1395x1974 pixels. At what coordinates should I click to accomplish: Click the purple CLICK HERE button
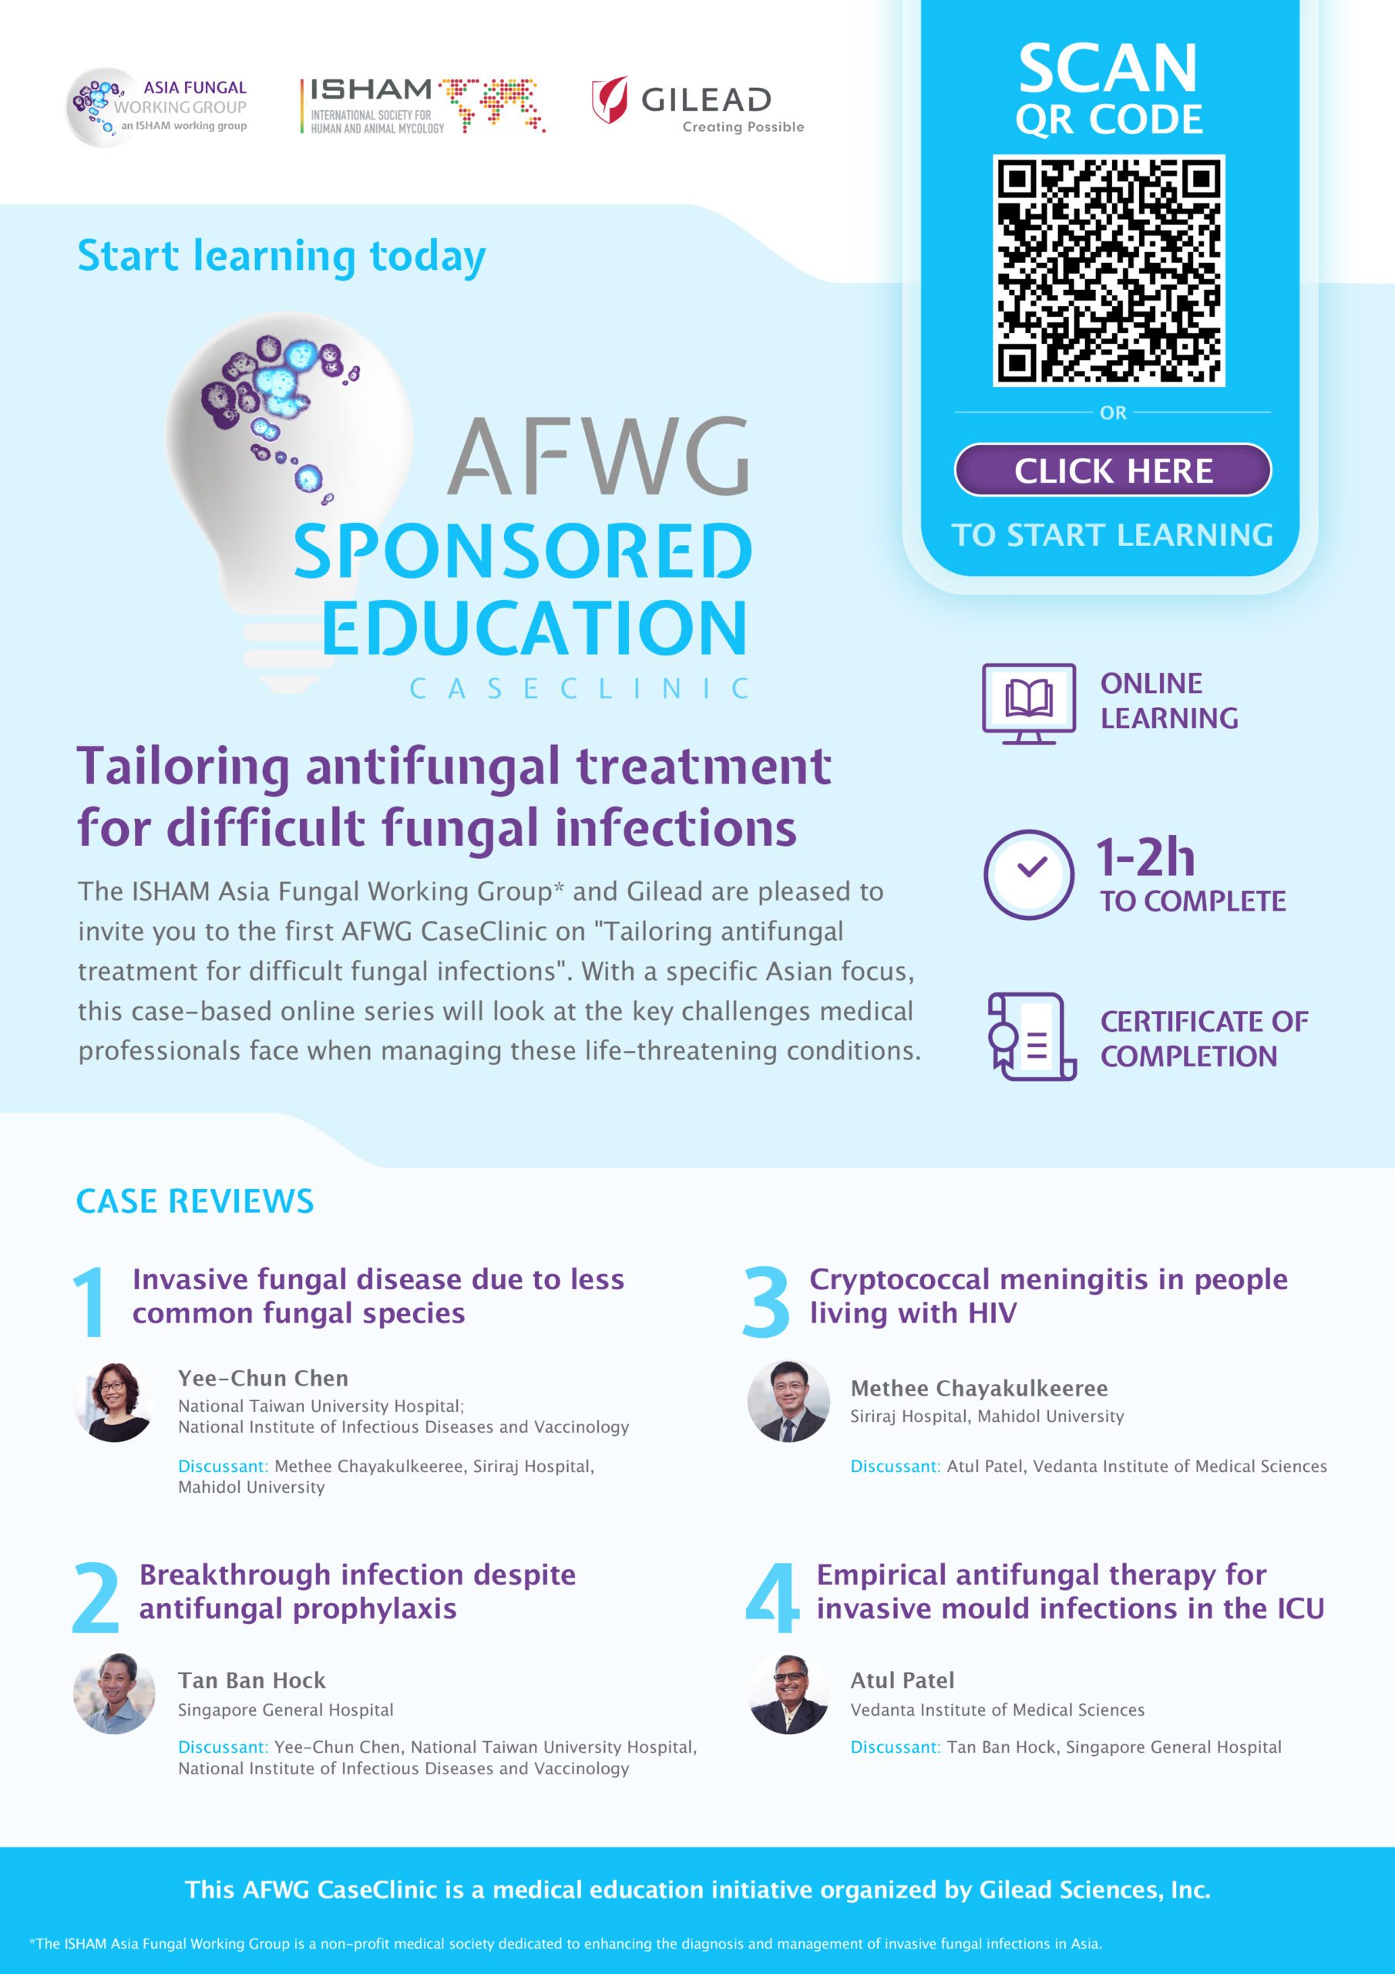click(x=1112, y=470)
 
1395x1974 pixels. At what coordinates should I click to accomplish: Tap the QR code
click(x=1109, y=270)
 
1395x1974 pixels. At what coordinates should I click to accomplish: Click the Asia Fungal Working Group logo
click(x=157, y=106)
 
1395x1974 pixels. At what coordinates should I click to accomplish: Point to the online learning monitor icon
click(x=1029, y=703)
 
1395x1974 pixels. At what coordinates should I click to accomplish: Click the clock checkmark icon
click(x=1029, y=874)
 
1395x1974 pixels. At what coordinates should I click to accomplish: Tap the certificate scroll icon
click(x=1031, y=1037)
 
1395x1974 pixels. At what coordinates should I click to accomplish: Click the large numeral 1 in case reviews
click(x=89, y=1302)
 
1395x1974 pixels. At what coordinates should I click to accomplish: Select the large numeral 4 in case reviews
click(x=773, y=1597)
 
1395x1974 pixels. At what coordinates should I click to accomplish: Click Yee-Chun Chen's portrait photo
click(x=114, y=1401)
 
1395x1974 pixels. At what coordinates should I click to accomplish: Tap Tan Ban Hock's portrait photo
click(x=114, y=1693)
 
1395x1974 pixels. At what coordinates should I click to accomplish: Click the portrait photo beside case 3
click(x=789, y=1401)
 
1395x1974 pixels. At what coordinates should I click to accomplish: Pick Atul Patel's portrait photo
click(x=789, y=1693)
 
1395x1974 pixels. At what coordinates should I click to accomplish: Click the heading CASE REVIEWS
click(x=195, y=1201)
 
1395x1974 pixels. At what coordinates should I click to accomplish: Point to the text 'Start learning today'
click(x=282, y=256)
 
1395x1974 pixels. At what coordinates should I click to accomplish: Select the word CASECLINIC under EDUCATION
click(x=580, y=688)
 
